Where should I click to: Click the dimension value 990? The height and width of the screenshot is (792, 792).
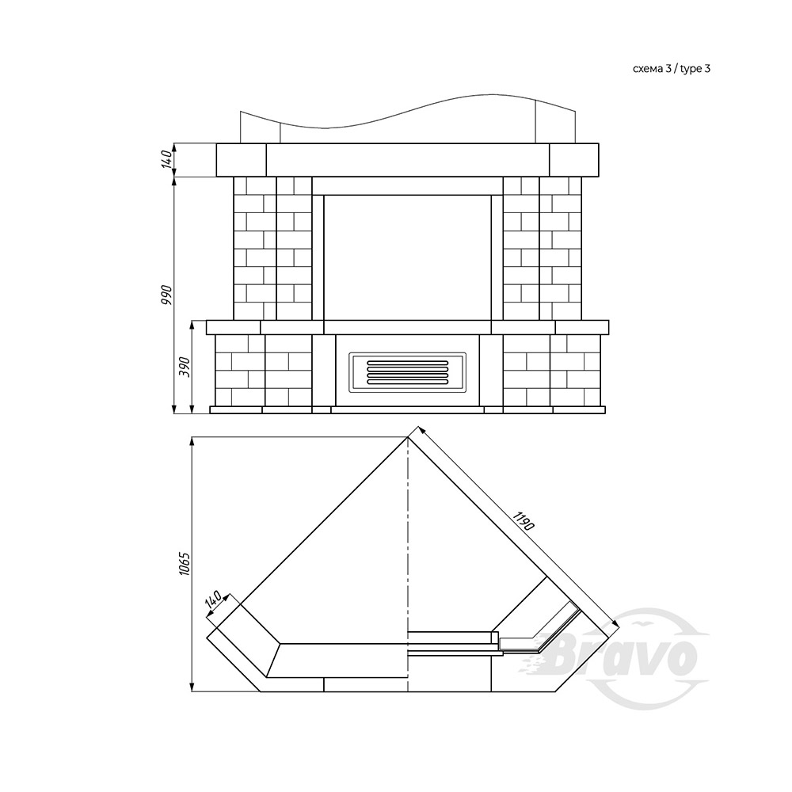pyautogui.click(x=166, y=295)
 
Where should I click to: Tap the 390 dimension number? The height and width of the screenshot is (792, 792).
pyautogui.click(x=185, y=367)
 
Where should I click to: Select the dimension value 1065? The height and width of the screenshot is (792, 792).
pyautogui.click(x=184, y=564)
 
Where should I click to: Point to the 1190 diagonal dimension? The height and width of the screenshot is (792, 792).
pyautogui.click(x=523, y=521)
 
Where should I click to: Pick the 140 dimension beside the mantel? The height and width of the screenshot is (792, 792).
pyautogui.click(x=166, y=160)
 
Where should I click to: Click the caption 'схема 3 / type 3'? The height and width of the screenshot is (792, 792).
pyautogui.click(x=672, y=69)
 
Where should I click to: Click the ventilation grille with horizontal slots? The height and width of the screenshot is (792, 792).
pyautogui.click(x=407, y=372)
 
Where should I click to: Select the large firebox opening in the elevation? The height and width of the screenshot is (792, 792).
pyautogui.click(x=407, y=257)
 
